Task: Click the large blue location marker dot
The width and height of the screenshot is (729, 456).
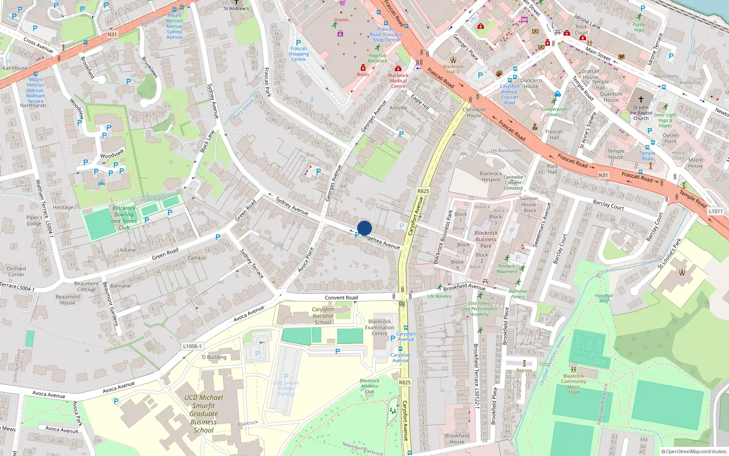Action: point(364,228)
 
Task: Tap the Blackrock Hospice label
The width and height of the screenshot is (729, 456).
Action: point(491,176)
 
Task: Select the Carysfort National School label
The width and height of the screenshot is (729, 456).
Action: point(323,316)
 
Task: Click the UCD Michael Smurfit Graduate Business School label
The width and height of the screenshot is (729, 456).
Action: point(203,414)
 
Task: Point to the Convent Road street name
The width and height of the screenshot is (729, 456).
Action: point(341,298)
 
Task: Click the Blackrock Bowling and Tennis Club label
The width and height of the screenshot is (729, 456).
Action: point(124,218)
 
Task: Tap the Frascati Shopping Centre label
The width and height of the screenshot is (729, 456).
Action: point(298,54)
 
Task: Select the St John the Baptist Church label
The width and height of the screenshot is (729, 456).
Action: point(641,113)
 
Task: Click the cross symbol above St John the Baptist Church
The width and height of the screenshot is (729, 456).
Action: point(641,99)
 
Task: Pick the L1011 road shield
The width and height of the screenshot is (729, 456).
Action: point(716,211)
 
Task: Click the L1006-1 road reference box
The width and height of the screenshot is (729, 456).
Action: point(192,346)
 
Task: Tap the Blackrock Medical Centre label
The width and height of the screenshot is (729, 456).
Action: point(398,81)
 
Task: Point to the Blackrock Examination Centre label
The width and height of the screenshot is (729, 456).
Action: point(380,327)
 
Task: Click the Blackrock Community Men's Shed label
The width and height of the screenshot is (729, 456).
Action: point(573,384)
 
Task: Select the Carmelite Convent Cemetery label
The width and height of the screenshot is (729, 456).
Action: point(513,182)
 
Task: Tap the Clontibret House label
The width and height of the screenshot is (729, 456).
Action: point(474,112)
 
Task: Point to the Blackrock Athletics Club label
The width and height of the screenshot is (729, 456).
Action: point(369,386)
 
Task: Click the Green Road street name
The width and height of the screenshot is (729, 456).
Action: point(165,254)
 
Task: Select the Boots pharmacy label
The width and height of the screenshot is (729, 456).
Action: point(363,74)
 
